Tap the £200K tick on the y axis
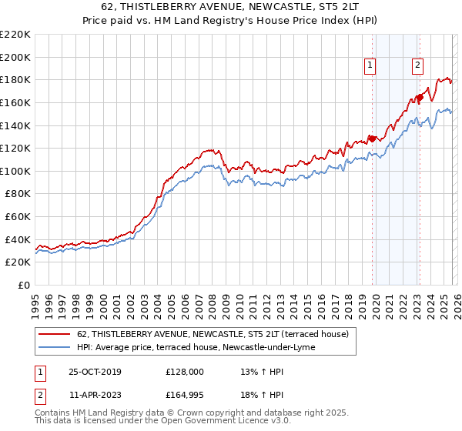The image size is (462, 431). coord(15,57)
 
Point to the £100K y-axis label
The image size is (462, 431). coord(15,171)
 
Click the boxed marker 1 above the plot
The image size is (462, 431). coord(370,66)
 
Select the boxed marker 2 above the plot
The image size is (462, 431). coord(417,66)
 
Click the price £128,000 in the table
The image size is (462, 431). coord(185,372)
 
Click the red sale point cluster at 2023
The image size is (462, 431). coord(420,97)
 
